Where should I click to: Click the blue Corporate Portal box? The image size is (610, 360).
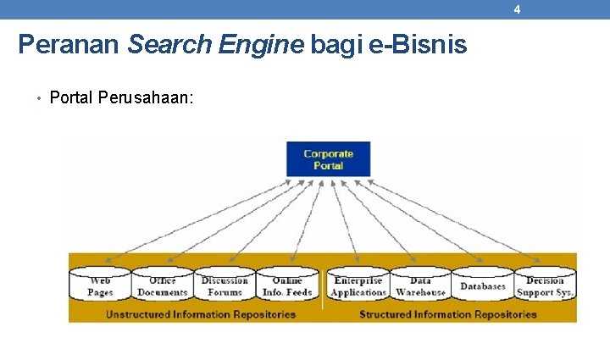point(328,159)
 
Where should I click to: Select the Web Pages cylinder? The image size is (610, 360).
point(100,285)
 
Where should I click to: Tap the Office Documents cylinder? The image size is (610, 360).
point(162,285)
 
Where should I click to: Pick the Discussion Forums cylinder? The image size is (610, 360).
point(225,285)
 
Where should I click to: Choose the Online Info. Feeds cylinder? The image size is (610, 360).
point(287,285)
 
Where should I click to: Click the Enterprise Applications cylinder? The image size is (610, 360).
point(358,285)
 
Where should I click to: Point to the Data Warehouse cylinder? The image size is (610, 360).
point(420,285)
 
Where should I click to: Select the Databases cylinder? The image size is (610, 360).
point(482,285)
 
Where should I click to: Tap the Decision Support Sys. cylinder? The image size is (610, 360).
point(545,285)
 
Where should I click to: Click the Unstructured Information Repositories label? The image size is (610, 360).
point(201,314)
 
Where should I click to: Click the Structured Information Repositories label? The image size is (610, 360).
point(448,314)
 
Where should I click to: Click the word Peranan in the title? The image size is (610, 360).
point(69,44)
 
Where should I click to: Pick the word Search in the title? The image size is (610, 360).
point(169,44)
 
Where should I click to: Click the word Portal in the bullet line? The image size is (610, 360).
point(71,97)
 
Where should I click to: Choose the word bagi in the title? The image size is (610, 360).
point(340,44)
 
